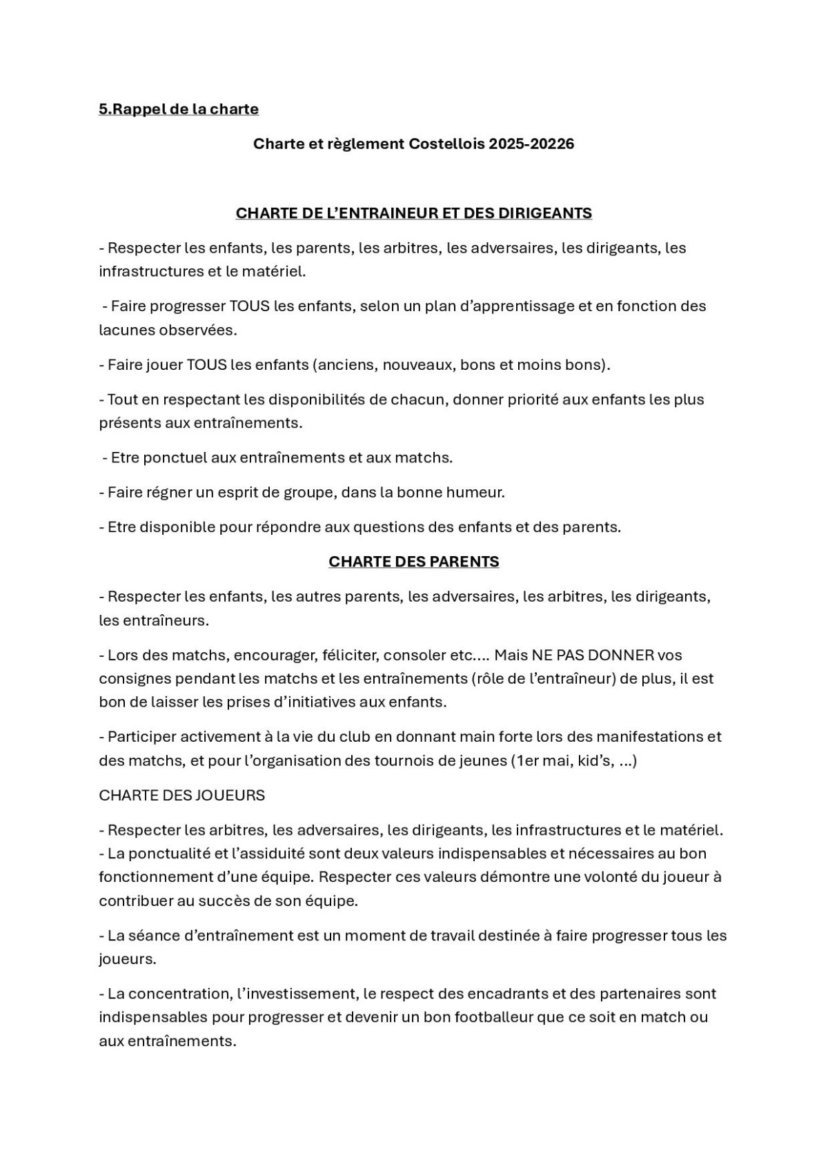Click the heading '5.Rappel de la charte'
[179, 109]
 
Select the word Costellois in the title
[446, 144]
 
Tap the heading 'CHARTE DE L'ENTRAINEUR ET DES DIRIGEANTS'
[414, 213]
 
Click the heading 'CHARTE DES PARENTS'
[414, 562]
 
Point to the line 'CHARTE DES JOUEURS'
[182, 795]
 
